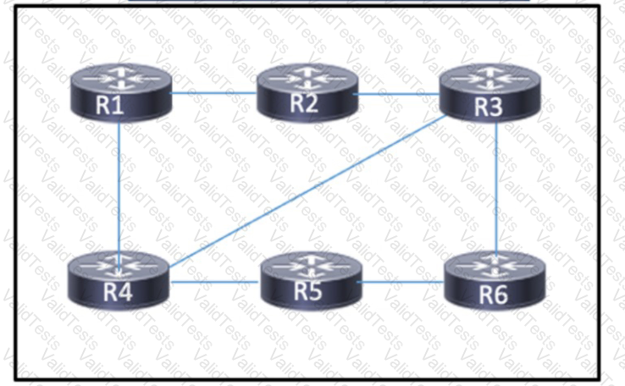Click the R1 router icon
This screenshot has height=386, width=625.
pos(121,92)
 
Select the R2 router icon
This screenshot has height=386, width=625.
pos(307,91)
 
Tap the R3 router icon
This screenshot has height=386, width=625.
pos(489,92)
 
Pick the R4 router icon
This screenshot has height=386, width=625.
pos(119,280)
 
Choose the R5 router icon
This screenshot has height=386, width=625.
pos(311,280)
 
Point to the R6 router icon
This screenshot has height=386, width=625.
pos(495,280)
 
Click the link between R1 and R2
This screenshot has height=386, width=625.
pos(214,93)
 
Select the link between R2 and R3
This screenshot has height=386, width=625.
pos(396,95)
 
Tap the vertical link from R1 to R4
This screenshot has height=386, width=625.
pos(119,187)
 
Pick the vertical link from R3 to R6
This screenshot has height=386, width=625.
pos(496,187)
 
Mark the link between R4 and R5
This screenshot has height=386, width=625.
pos(215,282)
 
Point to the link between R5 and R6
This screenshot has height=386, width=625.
pos(401,282)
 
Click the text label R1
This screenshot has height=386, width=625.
pos(109,105)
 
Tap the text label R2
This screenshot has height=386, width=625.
pos(304,102)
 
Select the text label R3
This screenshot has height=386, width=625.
pos(489,107)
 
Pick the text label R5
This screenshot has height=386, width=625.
pos(307,290)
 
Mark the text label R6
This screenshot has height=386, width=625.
pos(494,295)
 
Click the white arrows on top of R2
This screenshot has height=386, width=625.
pos(307,78)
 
